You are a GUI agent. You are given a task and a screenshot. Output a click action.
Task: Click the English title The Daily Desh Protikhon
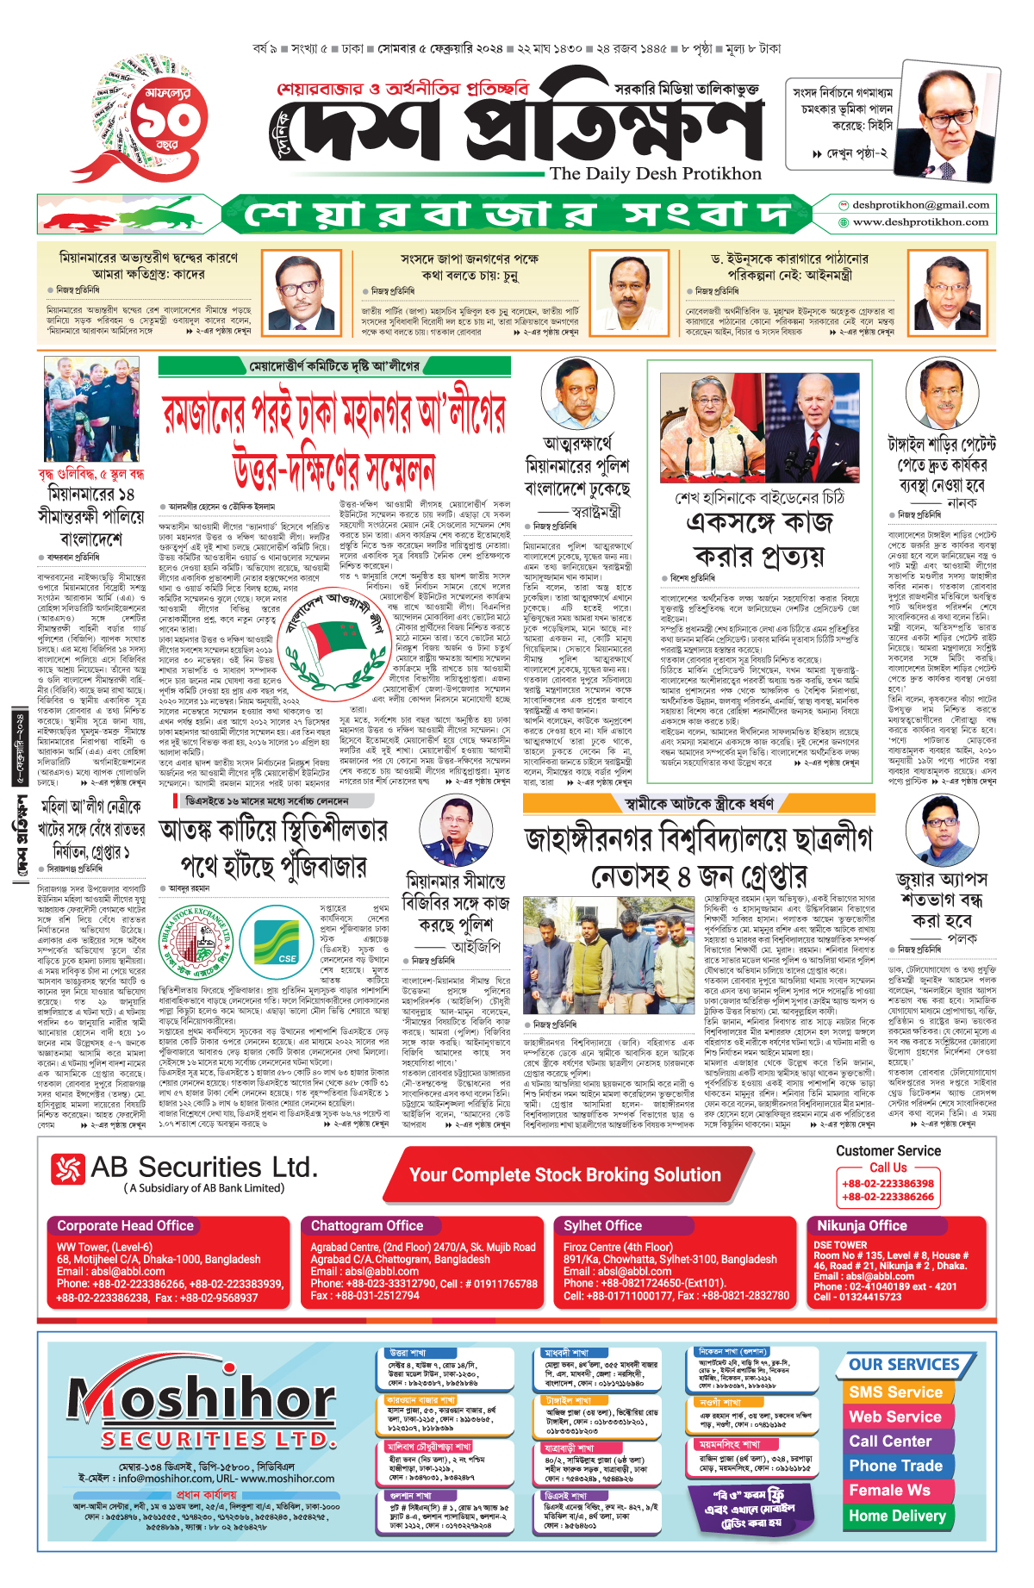click(656, 174)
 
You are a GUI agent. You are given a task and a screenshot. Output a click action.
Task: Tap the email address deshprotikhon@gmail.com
click(920, 205)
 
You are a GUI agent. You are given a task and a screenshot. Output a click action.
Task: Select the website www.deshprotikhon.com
click(920, 222)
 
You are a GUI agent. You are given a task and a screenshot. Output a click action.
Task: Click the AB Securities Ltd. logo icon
click(67, 1168)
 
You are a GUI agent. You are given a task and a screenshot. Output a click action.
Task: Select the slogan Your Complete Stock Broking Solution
click(565, 1175)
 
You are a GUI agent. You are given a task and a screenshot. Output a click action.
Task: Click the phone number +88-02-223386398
click(888, 1184)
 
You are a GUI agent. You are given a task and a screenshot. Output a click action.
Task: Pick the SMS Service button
click(895, 1392)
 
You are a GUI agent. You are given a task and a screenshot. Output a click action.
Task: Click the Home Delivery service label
click(897, 1516)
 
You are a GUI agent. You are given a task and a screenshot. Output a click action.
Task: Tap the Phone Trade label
click(895, 1466)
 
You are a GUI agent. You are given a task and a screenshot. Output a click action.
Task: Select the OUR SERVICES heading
click(904, 1365)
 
